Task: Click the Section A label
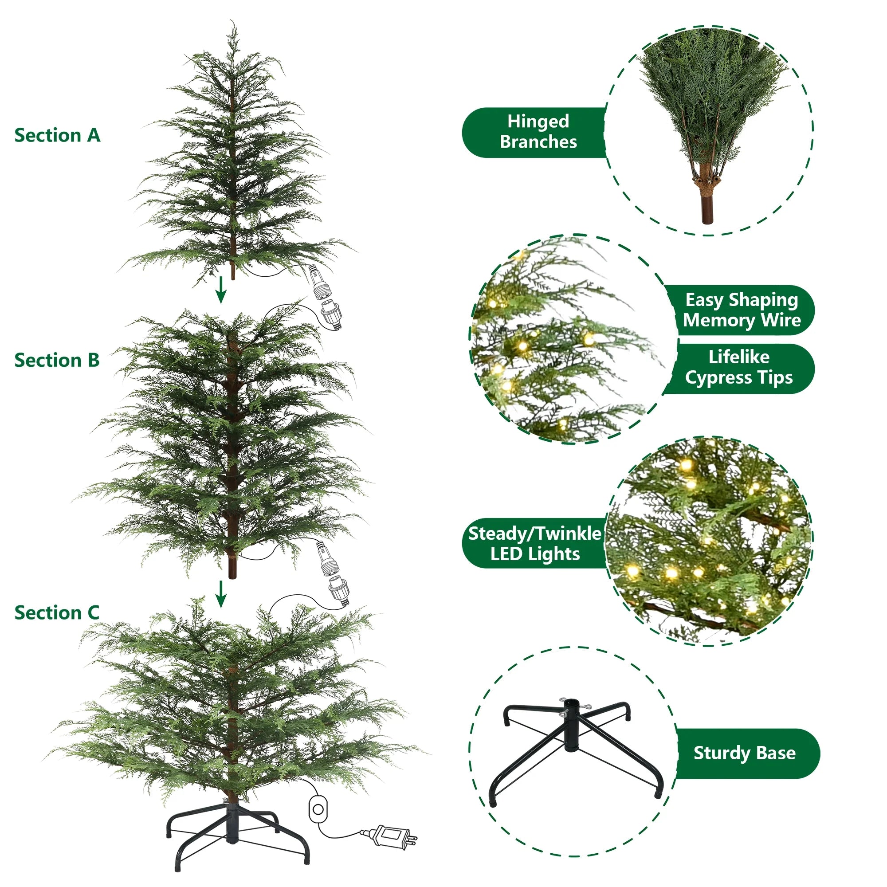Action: pos(57,135)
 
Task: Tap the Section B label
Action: pos(57,361)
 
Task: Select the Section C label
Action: pos(57,613)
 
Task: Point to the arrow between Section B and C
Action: pos(221,594)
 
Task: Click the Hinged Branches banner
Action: pos(537,132)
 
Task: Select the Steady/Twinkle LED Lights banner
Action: pos(535,543)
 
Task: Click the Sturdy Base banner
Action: pos(745,753)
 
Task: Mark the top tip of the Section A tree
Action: pos(233,23)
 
